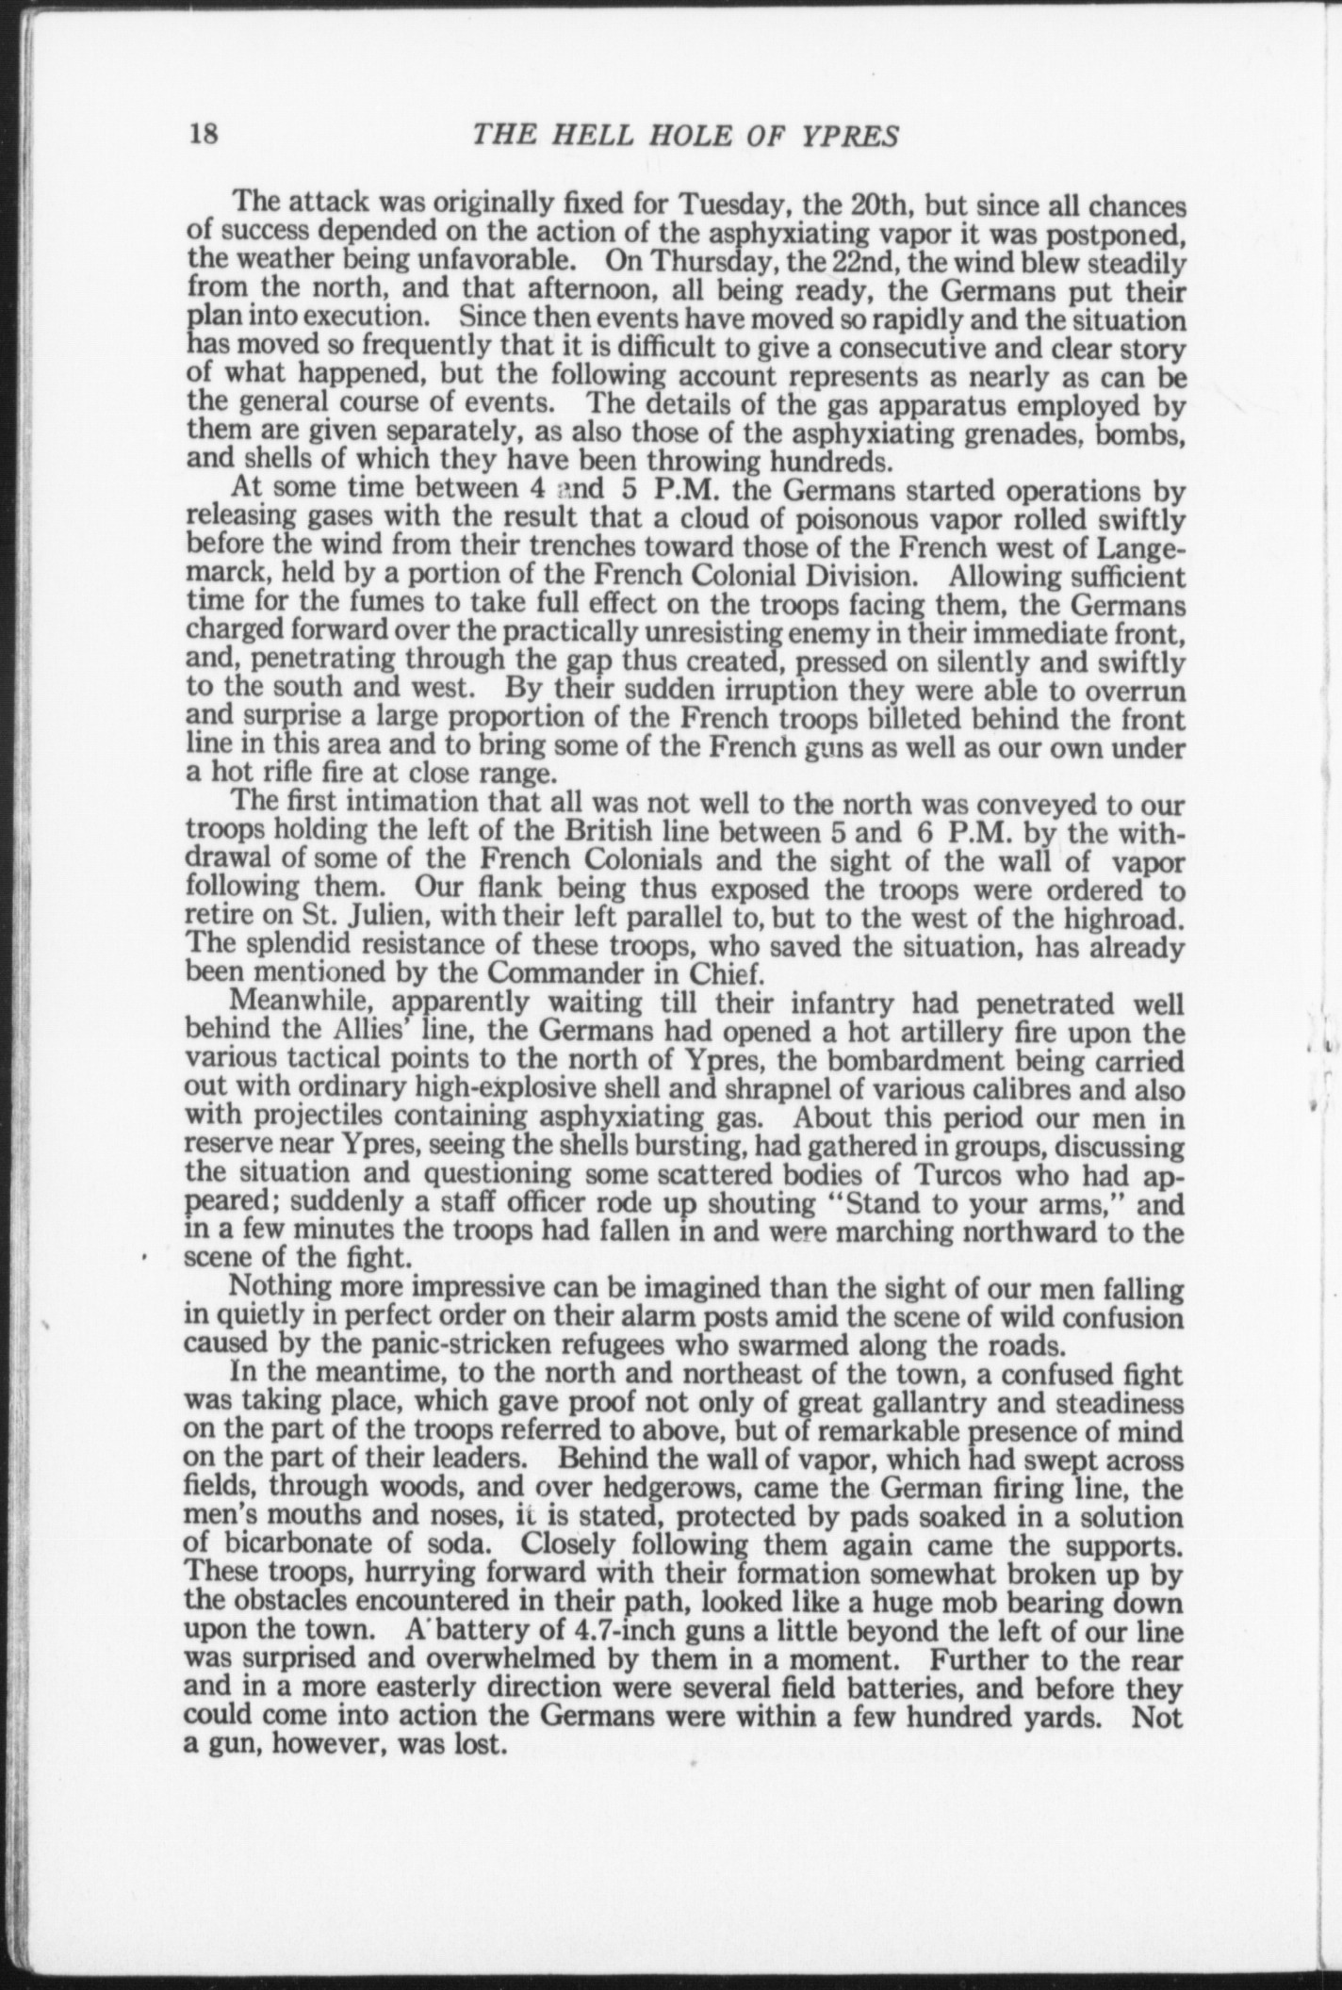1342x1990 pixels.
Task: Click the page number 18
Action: pos(205,136)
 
